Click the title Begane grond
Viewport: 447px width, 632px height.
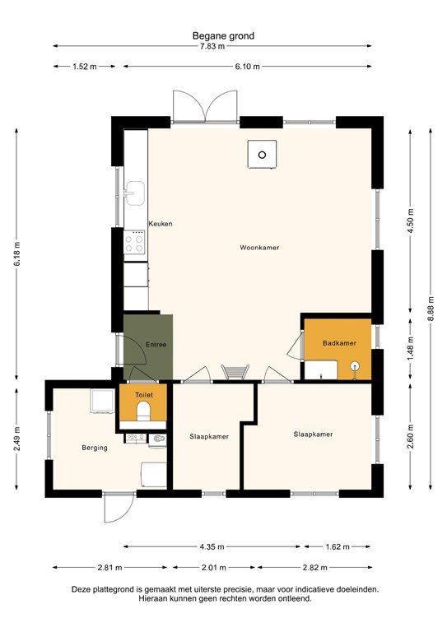pos(223,35)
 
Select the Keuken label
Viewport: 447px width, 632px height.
pos(160,224)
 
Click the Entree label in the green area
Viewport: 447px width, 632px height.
pos(156,344)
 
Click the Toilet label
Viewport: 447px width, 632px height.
pos(143,395)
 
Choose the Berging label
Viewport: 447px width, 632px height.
pos(95,448)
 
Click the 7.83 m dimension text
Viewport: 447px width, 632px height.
pos(223,46)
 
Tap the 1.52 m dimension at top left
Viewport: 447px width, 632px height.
pos(85,67)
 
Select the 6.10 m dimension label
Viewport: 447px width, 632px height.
pos(247,67)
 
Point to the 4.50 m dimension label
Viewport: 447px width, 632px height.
pos(410,222)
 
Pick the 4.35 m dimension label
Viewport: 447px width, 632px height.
pos(212,546)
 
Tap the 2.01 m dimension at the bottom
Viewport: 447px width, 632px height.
pos(212,568)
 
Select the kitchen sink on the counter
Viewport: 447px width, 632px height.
pos(134,196)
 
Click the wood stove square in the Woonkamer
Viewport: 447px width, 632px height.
pos(263,154)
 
